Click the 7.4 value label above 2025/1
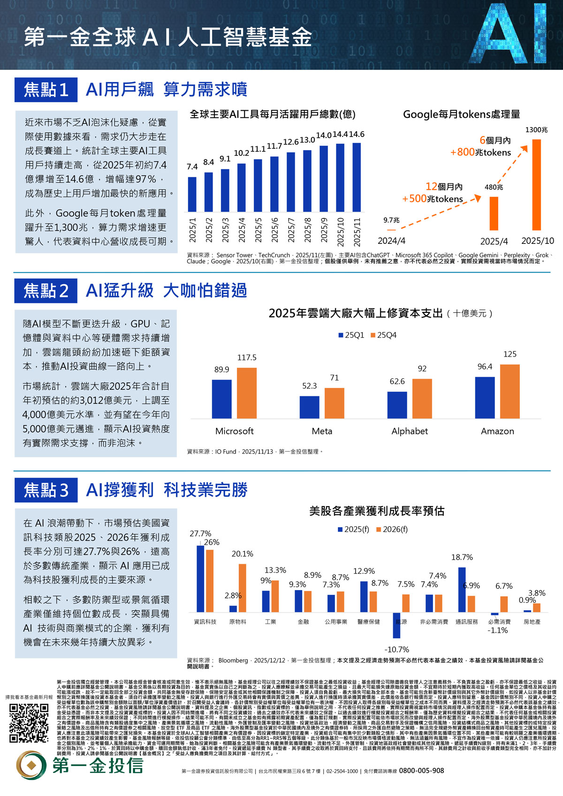(192, 167)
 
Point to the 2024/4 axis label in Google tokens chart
(391, 241)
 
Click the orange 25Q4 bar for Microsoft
(247, 393)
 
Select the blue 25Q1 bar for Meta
(309, 407)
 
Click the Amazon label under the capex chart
(497, 431)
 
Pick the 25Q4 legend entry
(383, 335)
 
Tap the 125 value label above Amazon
(510, 354)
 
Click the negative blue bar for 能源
(396, 625)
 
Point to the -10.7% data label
(396, 650)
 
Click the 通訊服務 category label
(466, 622)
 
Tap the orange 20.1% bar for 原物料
(243, 588)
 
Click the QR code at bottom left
(29, 723)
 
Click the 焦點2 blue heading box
(46, 290)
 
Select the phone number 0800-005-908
(421, 771)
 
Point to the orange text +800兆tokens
(480, 152)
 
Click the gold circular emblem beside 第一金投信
(32, 766)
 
